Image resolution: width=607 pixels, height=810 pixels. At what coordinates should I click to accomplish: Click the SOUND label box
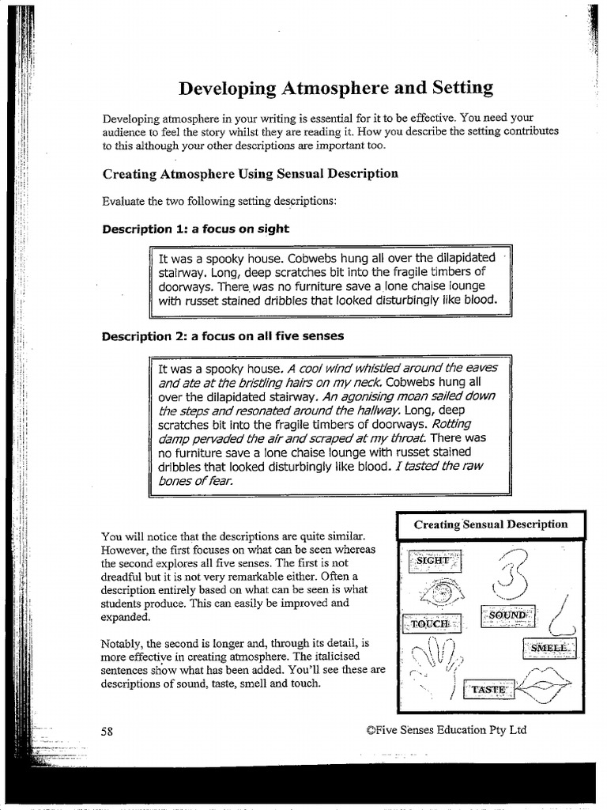(x=507, y=615)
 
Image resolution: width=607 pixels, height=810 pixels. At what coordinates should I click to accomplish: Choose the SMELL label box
(x=549, y=648)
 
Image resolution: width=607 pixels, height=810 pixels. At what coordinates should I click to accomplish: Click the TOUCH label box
(x=430, y=623)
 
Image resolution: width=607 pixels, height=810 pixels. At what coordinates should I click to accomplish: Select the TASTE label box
(x=488, y=690)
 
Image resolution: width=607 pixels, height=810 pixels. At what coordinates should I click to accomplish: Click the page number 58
(x=107, y=731)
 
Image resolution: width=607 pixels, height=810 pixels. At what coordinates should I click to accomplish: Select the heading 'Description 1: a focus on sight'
(x=195, y=229)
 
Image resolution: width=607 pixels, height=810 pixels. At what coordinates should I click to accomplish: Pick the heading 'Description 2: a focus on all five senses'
(x=222, y=335)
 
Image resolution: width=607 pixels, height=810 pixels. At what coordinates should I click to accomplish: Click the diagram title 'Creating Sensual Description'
(x=490, y=524)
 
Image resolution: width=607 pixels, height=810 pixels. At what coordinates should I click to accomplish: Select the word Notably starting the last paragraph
(x=123, y=642)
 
